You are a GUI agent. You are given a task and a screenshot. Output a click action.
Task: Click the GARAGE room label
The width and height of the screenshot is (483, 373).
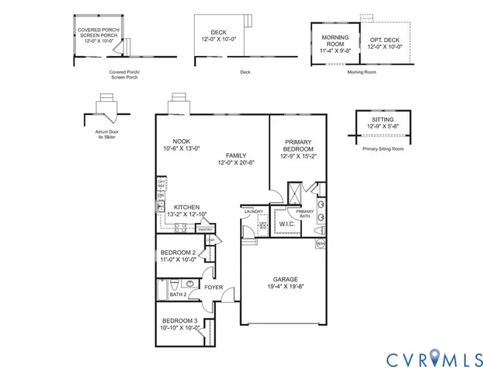(285, 279)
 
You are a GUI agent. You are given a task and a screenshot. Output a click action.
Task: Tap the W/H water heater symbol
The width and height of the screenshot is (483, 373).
(320, 243)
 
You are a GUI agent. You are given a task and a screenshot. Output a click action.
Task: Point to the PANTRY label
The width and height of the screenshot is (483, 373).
(205, 229)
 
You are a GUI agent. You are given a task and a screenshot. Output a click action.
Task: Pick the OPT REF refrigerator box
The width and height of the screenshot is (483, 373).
(162, 184)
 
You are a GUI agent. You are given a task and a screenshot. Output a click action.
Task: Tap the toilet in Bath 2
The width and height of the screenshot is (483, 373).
(178, 282)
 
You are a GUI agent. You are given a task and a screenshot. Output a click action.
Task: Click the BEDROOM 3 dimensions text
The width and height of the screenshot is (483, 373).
(181, 327)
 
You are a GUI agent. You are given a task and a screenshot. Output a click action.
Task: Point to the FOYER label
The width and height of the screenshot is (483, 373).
(214, 288)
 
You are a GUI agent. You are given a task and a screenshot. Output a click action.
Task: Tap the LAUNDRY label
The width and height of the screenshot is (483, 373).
(254, 211)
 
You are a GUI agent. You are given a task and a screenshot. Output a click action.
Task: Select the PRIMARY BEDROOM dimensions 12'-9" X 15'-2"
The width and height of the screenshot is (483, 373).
(298, 156)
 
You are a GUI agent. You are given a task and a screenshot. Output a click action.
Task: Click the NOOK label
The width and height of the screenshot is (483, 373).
(181, 141)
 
